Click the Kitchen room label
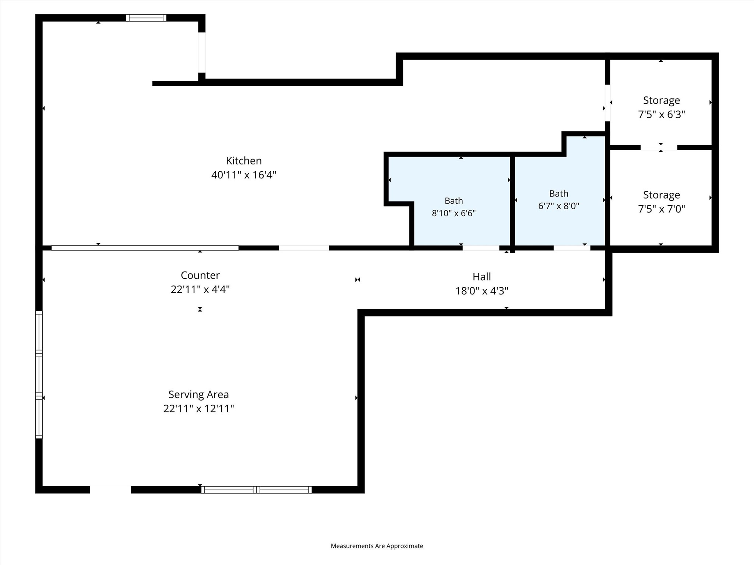pos(244,161)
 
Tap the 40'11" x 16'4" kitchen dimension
pos(244,175)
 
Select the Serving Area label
pos(198,395)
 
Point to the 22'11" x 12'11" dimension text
pos(198,409)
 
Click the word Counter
pos(200,276)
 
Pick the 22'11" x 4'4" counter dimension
pos(200,289)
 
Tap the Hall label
pos(482,277)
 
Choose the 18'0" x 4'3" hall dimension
pos(482,291)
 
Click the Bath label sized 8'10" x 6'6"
pos(454,201)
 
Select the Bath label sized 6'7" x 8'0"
pos(559,193)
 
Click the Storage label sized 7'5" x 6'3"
pos(661,100)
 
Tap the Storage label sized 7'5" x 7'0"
pos(661,195)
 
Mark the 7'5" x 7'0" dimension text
pos(661,209)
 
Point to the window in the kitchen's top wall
pos(146,18)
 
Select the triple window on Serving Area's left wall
pos(39,375)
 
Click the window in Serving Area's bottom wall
pos(257,490)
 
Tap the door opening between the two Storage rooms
pos(659,148)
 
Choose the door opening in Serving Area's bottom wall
pos(110,490)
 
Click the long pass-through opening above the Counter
pos(145,248)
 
